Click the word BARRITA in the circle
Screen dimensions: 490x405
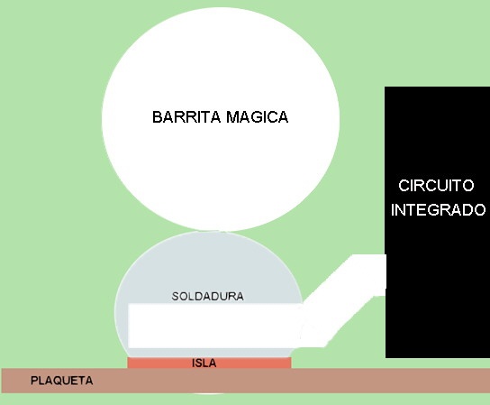click(186, 117)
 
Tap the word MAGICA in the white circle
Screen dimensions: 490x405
click(257, 117)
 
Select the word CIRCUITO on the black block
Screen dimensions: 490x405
click(436, 186)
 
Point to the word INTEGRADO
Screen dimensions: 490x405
click(438, 209)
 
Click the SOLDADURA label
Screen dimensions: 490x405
click(208, 297)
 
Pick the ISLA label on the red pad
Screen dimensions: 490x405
click(204, 364)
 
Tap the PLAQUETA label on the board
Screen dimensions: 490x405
click(62, 381)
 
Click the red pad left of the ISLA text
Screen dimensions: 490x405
click(159, 364)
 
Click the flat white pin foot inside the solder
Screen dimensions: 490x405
click(214, 326)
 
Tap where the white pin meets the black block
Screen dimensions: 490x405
click(386, 275)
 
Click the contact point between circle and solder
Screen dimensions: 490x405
click(222, 232)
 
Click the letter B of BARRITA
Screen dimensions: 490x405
click(157, 117)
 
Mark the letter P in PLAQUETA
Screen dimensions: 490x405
click(33, 381)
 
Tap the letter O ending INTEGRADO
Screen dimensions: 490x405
click(480, 209)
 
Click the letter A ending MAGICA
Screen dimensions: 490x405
click(283, 117)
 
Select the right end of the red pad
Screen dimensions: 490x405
click(291, 364)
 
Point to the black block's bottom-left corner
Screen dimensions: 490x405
click(386, 357)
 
